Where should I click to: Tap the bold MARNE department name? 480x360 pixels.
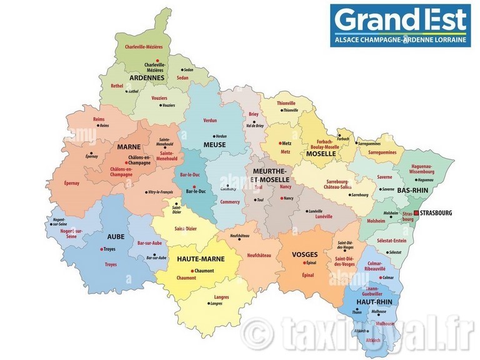(x=128, y=147)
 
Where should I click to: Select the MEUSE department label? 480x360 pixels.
(x=214, y=145)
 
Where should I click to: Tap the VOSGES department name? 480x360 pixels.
(x=305, y=254)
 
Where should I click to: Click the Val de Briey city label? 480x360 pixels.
(x=255, y=126)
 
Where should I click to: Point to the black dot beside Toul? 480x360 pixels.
(x=256, y=200)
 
